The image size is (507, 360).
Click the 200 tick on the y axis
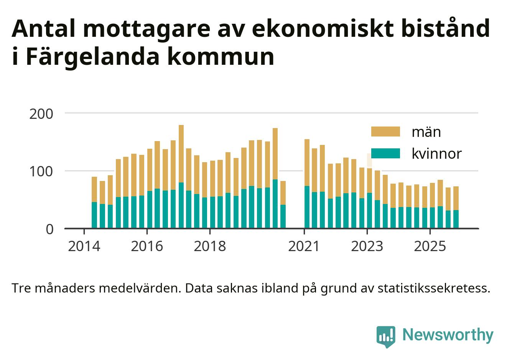point(41,114)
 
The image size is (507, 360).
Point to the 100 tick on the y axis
point(41,171)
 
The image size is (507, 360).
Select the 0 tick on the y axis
point(49,229)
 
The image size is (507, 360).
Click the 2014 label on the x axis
point(84,246)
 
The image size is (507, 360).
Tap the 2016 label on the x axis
point(147,246)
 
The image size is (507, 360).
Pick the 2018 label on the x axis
point(210,246)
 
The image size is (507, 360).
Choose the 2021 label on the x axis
point(304,246)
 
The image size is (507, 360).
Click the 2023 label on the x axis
point(367,246)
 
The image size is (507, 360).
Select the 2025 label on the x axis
point(430,246)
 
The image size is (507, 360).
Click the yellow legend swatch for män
point(385,132)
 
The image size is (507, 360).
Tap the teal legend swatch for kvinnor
point(385,153)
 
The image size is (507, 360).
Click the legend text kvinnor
point(436,153)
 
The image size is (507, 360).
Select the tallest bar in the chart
point(181,176)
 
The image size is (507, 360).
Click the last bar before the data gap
point(283,205)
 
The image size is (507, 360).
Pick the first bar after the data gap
point(306,184)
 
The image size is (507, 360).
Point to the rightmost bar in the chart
point(456,207)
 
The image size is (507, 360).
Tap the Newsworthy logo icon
point(385,336)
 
